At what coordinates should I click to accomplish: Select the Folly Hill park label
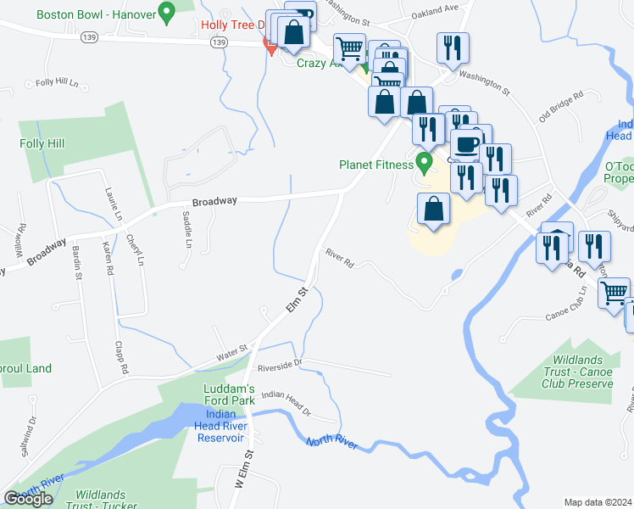[42, 144]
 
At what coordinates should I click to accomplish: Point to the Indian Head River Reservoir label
[220, 426]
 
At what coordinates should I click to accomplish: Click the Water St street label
[231, 348]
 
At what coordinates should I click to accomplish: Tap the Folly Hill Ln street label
[57, 83]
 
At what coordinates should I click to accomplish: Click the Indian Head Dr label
[286, 400]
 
